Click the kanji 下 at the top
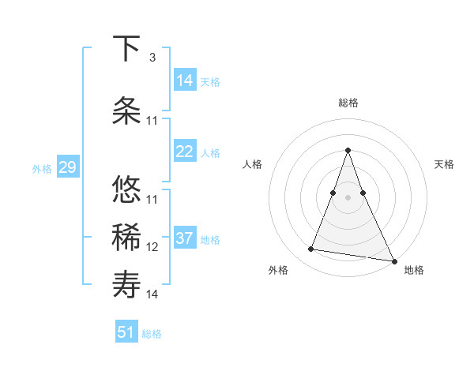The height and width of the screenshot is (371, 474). point(127,50)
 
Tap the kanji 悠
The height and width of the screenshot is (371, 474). point(127,190)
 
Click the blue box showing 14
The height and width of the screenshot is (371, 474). point(185,81)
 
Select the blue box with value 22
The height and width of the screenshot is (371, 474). point(185,152)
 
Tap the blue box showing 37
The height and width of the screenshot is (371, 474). point(185,238)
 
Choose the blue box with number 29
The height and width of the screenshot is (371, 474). point(67,167)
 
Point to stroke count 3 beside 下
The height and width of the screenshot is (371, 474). point(152,58)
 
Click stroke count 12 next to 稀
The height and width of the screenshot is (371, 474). point(152,247)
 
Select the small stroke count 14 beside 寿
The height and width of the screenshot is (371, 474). point(152,294)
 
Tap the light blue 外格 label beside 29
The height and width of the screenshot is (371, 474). point(42,168)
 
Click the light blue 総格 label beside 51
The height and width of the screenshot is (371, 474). point(152,334)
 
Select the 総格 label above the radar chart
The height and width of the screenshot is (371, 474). point(348,103)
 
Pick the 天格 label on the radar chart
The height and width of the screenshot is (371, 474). point(445,164)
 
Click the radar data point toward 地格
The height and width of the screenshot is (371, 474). point(393,260)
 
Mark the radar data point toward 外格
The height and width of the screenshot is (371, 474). point(310,249)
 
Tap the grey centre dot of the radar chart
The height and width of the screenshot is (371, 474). point(348,197)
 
